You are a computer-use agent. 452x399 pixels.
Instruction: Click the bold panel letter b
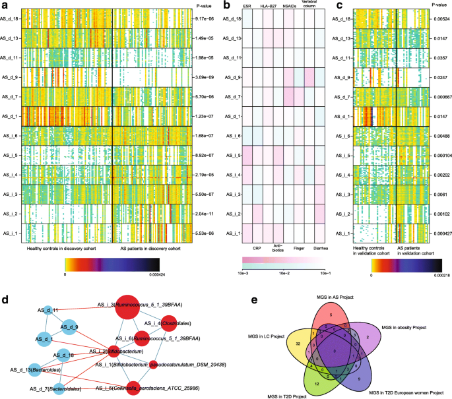(227, 5)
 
